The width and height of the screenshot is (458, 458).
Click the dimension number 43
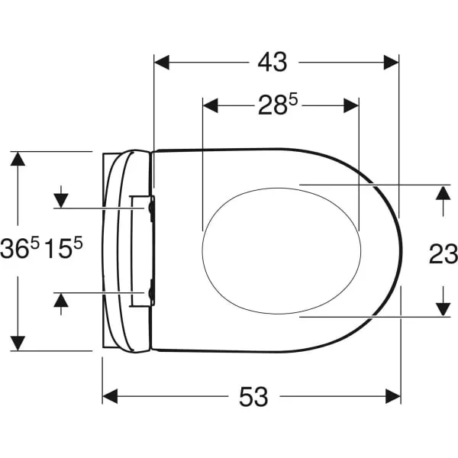273,63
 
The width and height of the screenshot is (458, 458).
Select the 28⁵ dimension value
277,105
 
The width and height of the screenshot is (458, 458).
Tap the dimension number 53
253,397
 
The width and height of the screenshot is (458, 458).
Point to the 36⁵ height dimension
20,247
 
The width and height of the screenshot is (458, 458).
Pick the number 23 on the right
443,253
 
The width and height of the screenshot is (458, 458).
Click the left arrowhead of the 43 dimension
162,63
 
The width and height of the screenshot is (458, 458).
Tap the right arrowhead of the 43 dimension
391,63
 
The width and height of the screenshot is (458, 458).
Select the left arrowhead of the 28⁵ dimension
211,105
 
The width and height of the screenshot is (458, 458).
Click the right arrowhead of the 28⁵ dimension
351,105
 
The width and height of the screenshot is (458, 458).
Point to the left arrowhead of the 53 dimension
110,396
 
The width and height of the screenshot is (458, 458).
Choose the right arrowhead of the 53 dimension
393,396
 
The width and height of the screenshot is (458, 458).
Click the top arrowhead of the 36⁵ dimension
18,159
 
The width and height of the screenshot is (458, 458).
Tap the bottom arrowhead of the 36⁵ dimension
18,343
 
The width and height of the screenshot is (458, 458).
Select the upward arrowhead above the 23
443,193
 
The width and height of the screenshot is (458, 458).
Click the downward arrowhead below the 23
443,309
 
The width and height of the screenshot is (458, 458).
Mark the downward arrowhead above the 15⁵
61,201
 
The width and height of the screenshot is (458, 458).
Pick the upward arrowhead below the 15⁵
61,300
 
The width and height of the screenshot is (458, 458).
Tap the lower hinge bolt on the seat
152,292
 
